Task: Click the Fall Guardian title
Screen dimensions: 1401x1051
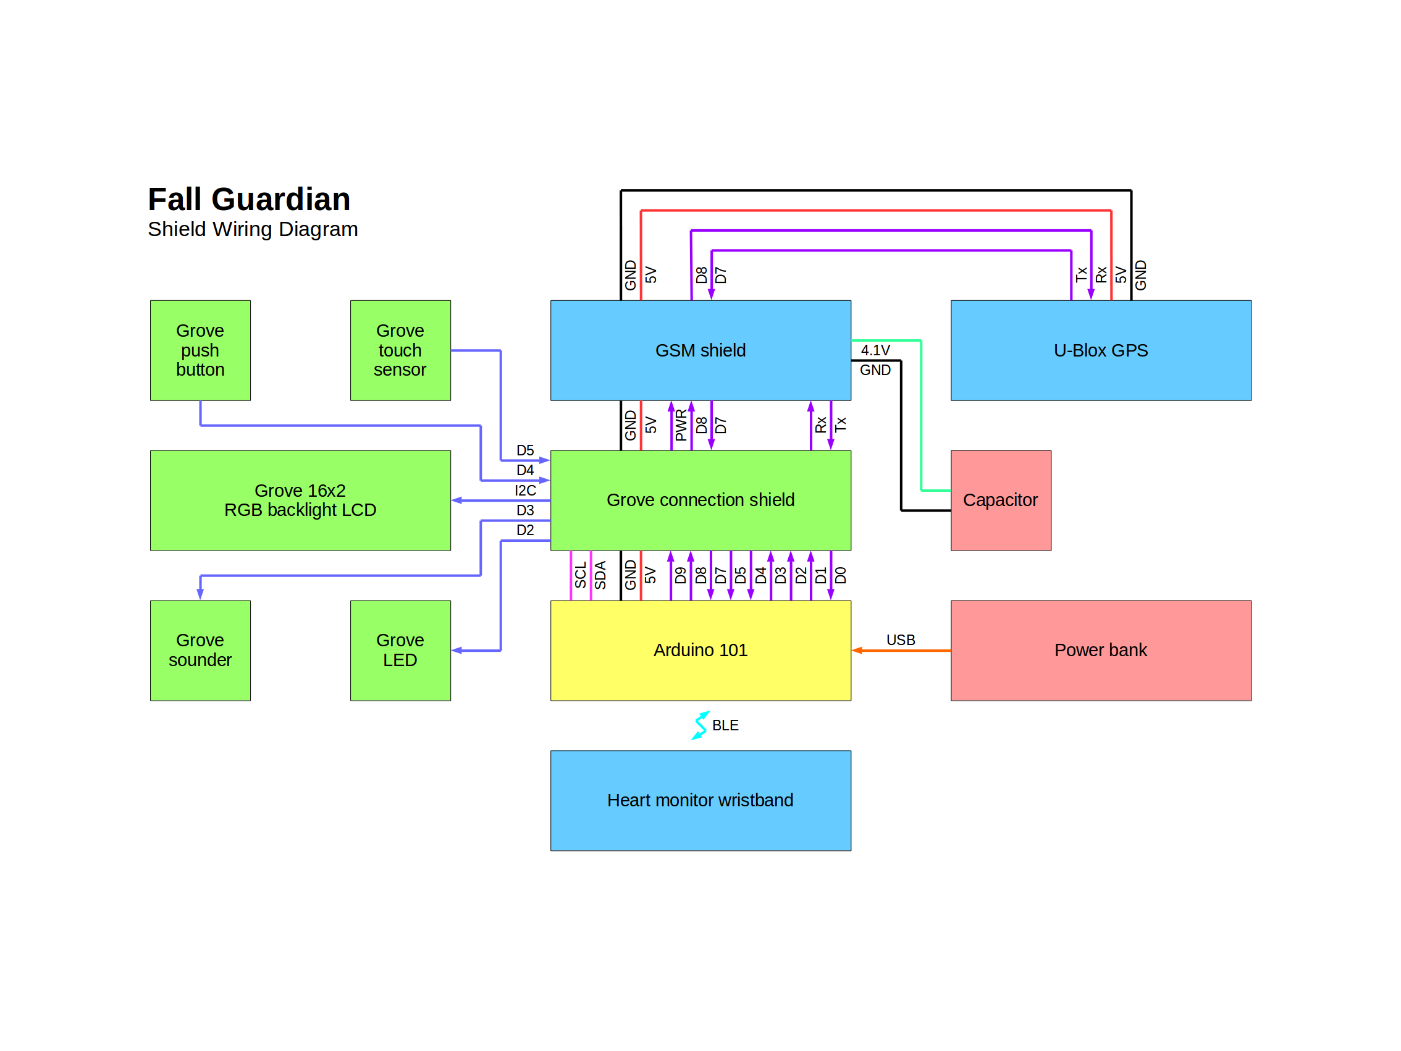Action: (x=249, y=199)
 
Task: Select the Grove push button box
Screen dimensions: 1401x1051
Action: (x=200, y=350)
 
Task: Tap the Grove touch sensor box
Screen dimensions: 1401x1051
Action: (x=400, y=350)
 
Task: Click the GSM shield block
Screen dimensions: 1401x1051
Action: (x=700, y=350)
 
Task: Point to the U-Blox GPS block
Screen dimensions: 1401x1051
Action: (x=1101, y=350)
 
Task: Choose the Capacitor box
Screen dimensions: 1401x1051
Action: (x=1001, y=500)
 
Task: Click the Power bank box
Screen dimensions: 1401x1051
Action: (x=1101, y=651)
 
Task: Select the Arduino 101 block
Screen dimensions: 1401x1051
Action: (x=700, y=651)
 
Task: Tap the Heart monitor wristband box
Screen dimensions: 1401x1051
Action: (x=700, y=801)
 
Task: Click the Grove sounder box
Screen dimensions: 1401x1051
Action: (x=200, y=651)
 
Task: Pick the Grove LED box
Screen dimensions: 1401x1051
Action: (x=400, y=651)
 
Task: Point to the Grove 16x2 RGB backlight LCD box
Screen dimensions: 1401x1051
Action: (x=300, y=500)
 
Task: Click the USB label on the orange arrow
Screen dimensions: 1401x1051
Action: (x=901, y=640)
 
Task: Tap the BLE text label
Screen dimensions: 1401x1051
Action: (x=725, y=725)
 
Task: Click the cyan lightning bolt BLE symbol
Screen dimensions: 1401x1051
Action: (x=700, y=725)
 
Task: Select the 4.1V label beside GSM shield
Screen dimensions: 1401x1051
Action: (x=875, y=350)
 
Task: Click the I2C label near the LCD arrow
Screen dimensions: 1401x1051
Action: (x=525, y=491)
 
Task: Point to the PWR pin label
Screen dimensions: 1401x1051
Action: (x=681, y=425)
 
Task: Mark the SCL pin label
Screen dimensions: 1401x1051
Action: (x=580, y=575)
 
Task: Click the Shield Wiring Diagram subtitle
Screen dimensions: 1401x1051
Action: (x=253, y=229)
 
